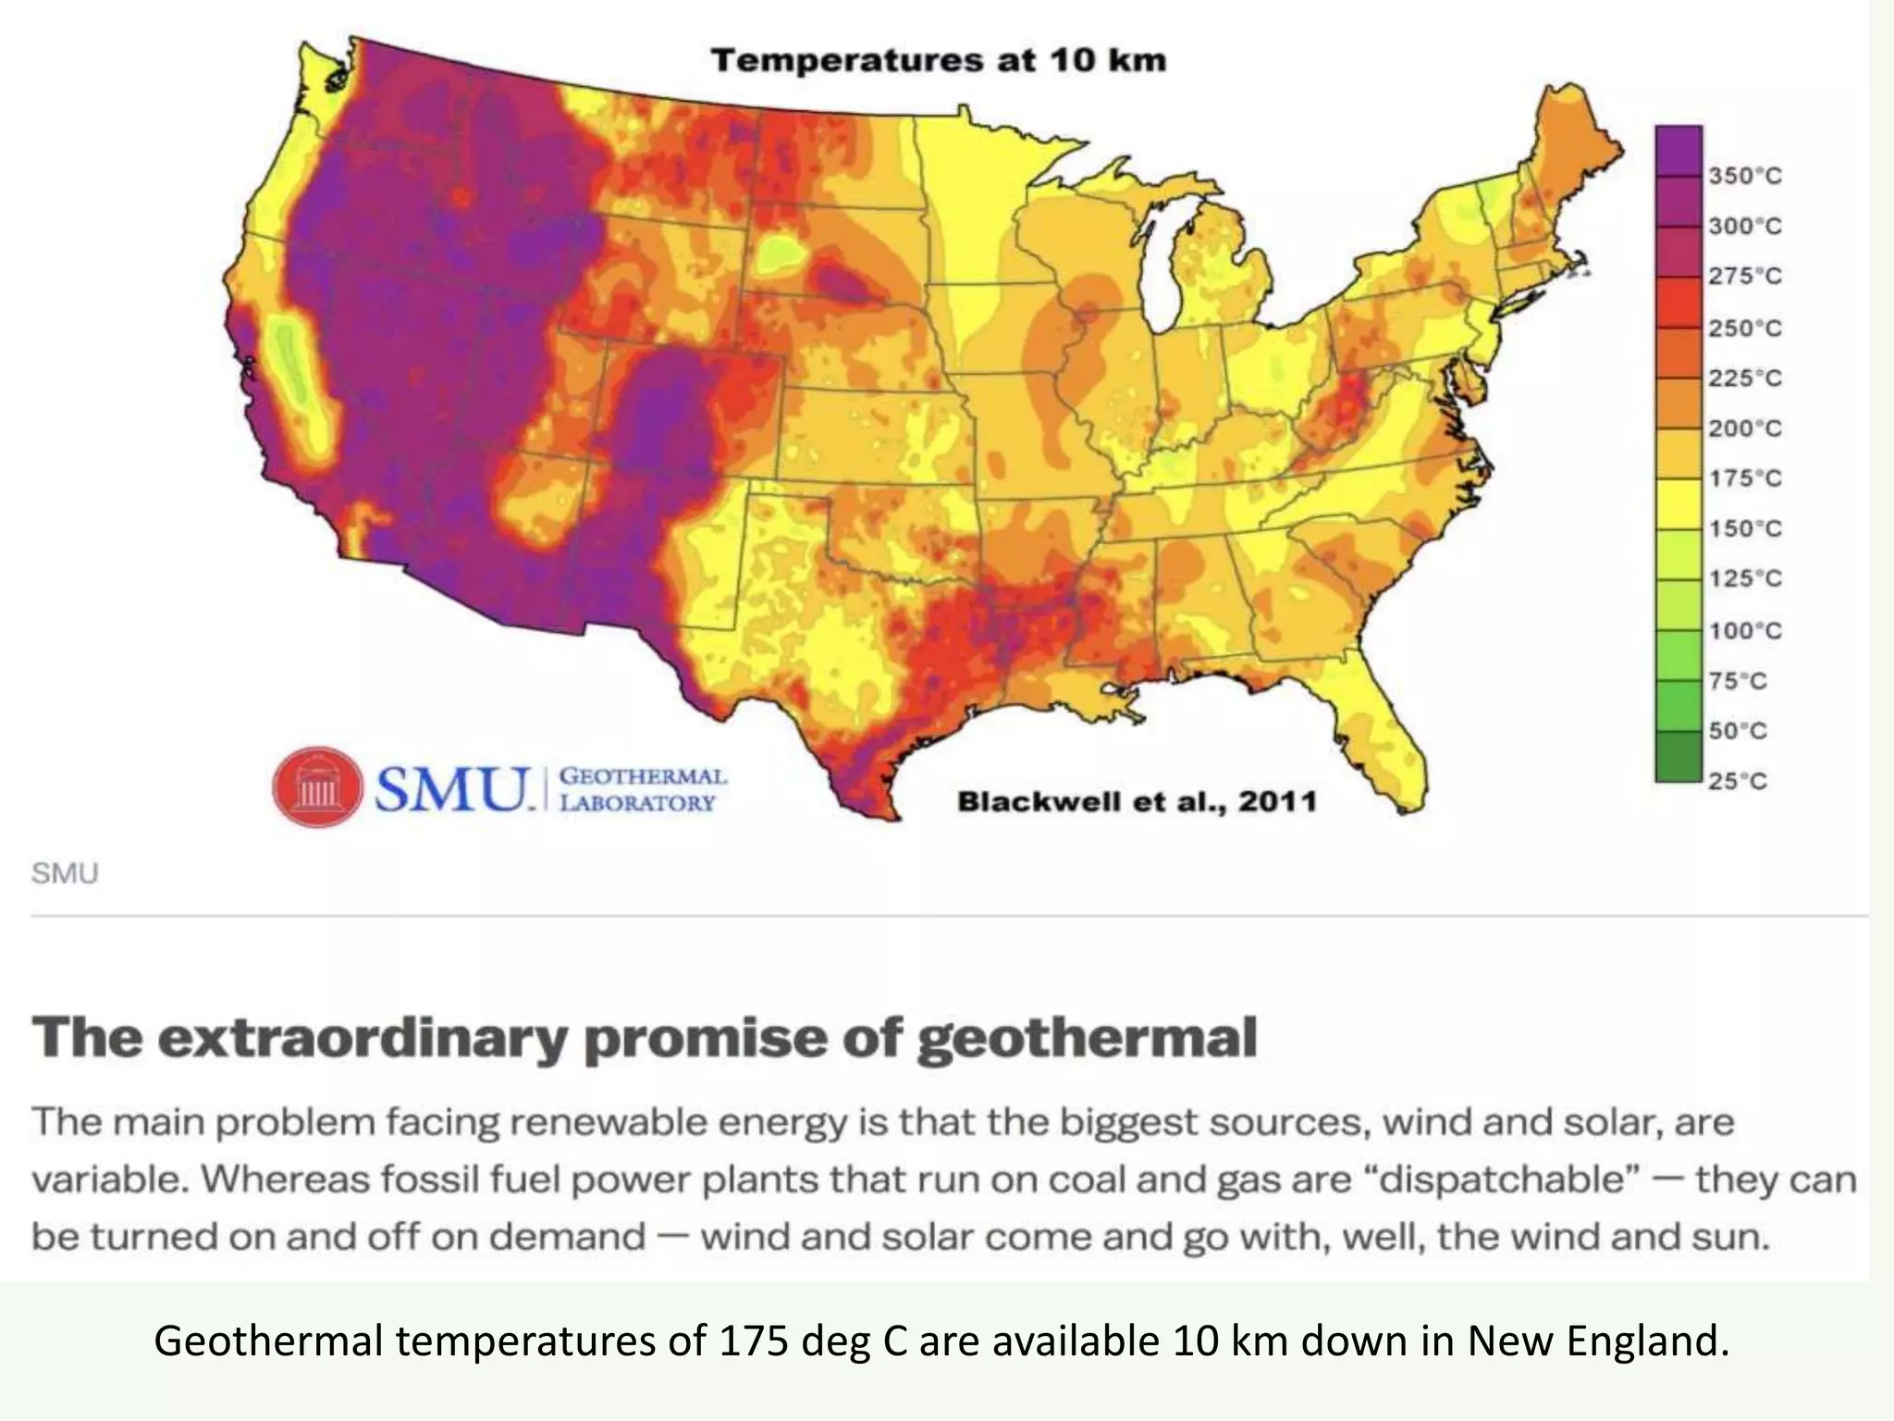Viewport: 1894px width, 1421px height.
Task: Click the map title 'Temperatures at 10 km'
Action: point(938,61)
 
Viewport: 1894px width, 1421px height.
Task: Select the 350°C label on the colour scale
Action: point(1744,176)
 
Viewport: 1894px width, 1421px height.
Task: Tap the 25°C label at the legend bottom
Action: point(1738,781)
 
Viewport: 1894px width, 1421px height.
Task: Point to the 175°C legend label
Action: point(1744,478)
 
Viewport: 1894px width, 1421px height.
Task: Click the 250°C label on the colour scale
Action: point(1744,327)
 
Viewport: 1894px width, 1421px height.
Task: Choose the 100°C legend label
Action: point(1744,630)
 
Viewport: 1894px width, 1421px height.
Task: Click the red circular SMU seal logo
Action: point(317,787)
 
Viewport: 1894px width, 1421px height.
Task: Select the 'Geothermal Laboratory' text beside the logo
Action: point(643,789)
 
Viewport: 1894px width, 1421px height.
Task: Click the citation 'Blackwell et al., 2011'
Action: point(1137,800)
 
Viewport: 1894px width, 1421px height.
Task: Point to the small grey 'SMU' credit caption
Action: point(65,873)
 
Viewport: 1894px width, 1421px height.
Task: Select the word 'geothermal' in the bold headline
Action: point(1087,1038)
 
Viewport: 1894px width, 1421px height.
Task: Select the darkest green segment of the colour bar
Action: point(1679,757)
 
